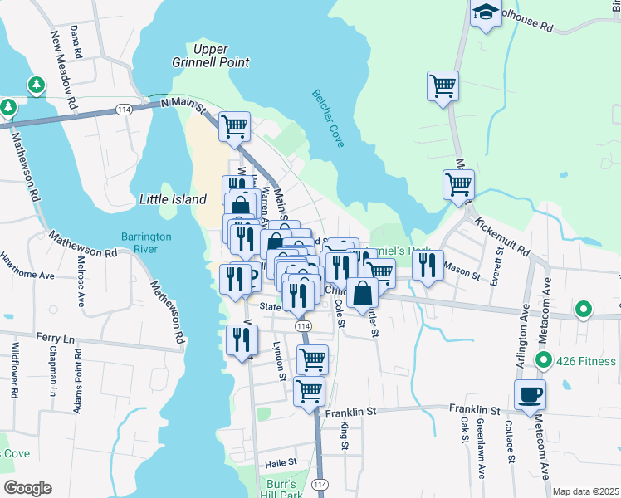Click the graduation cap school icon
tap(485, 13)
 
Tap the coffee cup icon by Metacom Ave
tap(531, 394)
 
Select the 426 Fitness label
tap(586, 361)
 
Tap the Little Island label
tap(172, 199)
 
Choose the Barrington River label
tap(145, 242)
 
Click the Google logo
tap(27, 488)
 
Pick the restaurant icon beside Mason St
tap(428, 266)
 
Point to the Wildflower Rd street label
tap(16, 369)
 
